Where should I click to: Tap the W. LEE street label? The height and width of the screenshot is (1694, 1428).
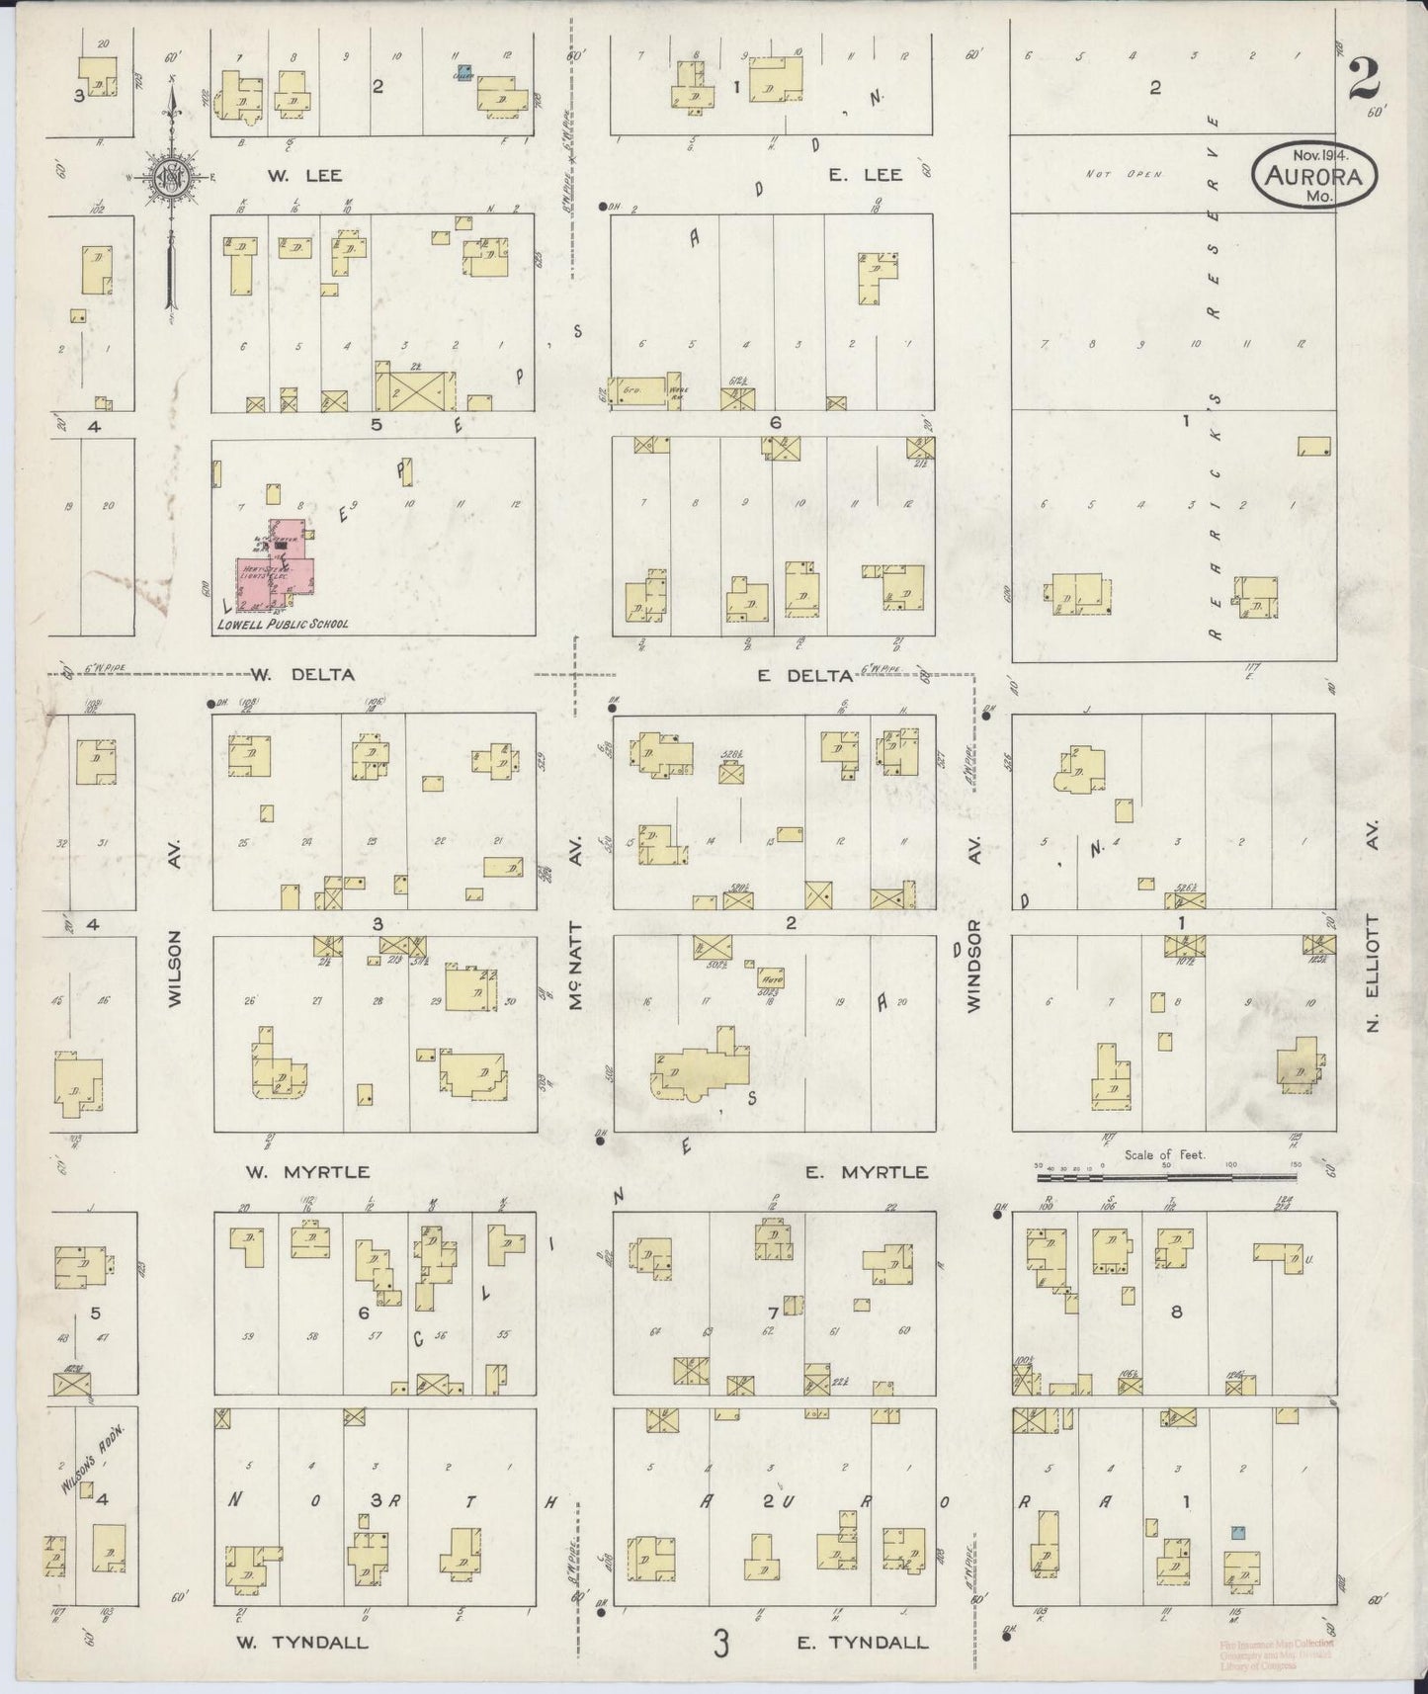[305, 176]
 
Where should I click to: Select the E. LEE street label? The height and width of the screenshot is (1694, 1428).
[865, 175]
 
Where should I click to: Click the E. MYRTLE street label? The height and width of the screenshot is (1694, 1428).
[866, 1172]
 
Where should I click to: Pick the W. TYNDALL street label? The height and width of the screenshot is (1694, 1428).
[301, 1643]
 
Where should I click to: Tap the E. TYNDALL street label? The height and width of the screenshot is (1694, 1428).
[862, 1643]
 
